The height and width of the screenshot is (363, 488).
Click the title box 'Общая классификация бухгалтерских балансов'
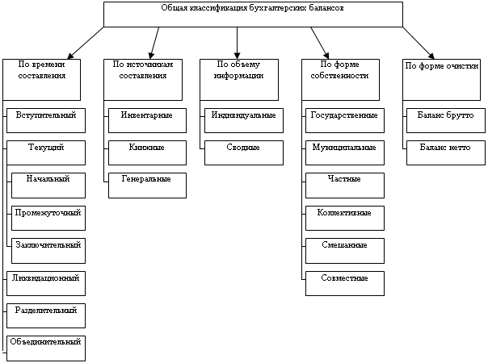253,15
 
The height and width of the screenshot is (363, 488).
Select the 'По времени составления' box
42,80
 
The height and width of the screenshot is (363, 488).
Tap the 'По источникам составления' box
143,80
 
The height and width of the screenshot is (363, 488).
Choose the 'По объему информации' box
239,80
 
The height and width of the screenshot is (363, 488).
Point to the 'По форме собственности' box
340,80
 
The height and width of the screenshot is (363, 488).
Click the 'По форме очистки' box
442,80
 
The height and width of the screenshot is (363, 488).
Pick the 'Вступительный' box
46,120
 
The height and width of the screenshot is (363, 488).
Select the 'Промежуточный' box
48,218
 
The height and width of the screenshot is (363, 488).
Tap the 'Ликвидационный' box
46,283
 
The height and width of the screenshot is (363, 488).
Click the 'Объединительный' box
46,348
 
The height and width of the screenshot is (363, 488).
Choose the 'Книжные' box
147,153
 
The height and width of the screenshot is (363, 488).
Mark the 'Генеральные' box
147,186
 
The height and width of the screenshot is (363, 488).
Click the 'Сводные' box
244,153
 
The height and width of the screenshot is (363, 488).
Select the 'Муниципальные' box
345,153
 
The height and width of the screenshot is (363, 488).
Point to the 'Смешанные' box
345,251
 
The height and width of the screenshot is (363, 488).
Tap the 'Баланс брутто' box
446,120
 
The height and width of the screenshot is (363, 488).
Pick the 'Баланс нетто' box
446,153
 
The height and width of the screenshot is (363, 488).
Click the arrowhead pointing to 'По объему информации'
238,56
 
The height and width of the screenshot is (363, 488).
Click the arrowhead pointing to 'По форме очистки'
431,56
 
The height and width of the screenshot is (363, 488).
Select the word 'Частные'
344,179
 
